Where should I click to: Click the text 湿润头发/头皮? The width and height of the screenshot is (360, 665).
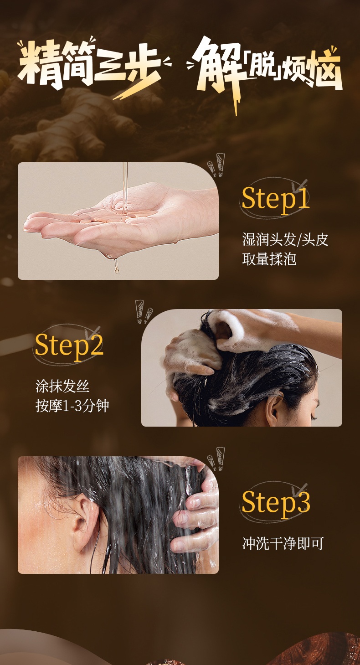[285, 240]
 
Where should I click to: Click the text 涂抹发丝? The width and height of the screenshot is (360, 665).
[62, 387]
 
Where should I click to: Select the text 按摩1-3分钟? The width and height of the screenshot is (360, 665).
[72, 406]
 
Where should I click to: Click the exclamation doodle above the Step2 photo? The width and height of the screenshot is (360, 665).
[144, 312]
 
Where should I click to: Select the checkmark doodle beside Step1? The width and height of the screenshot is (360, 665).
[300, 185]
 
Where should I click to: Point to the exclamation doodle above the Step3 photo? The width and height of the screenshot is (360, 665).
[216, 459]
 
